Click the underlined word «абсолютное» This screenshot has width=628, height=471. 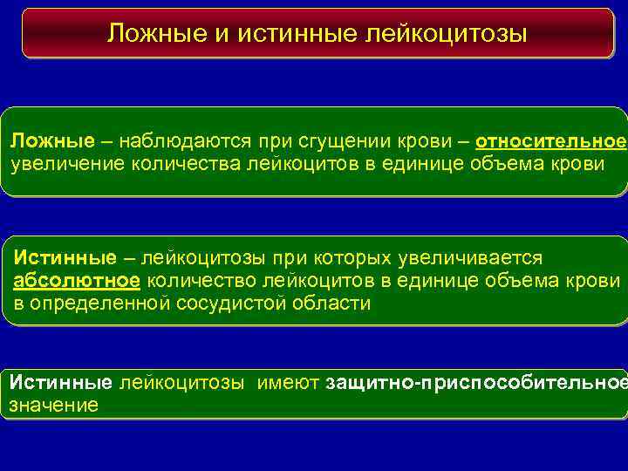[x=77, y=281]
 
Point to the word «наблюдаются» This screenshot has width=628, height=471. [x=179, y=141]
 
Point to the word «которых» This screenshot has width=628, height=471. [x=353, y=259]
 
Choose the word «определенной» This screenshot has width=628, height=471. [x=96, y=304]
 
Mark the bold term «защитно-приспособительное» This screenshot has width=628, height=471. [x=475, y=382]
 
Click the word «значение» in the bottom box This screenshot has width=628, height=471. [x=53, y=405]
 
